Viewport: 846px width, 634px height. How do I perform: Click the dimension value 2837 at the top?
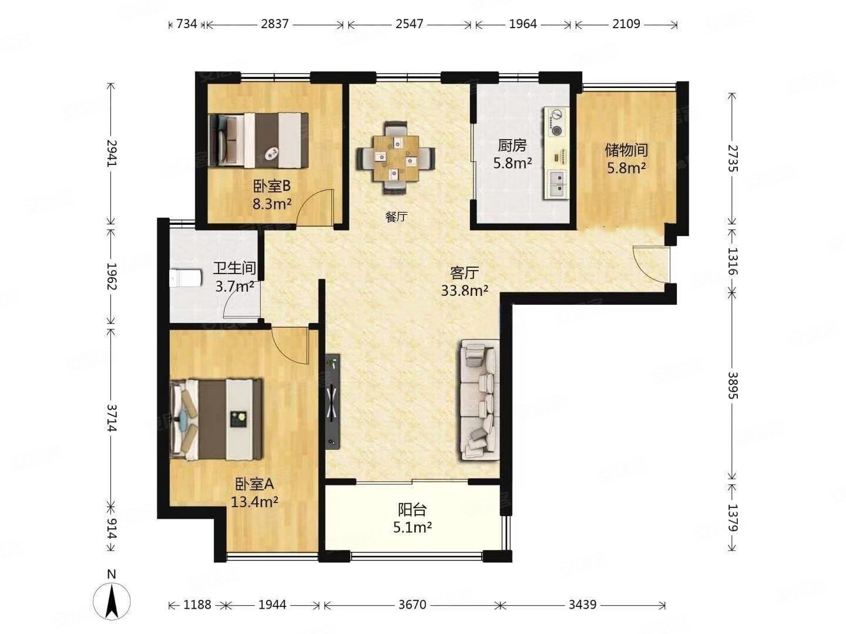click(x=274, y=24)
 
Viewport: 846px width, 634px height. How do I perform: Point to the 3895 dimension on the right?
click(x=732, y=385)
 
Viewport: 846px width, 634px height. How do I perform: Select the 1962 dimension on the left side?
click(x=111, y=276)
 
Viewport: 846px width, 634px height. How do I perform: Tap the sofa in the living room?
click(x=479, y=400)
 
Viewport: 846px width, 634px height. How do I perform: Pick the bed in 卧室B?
click(x=258, y=140)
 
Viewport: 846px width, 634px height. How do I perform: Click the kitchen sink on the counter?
click(x=556, y=185)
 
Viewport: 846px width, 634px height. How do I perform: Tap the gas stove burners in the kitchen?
click(x=556, y=123)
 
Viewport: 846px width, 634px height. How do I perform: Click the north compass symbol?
click(x=112, y=602)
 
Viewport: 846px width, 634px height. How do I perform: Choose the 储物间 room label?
click(x=626, y=150)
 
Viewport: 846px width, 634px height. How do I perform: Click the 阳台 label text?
click(x=412, y=510)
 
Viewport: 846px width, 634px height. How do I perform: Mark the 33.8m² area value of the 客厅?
click(x=465, y=290)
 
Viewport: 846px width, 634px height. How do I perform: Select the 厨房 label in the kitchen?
click(x=512, y=146)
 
